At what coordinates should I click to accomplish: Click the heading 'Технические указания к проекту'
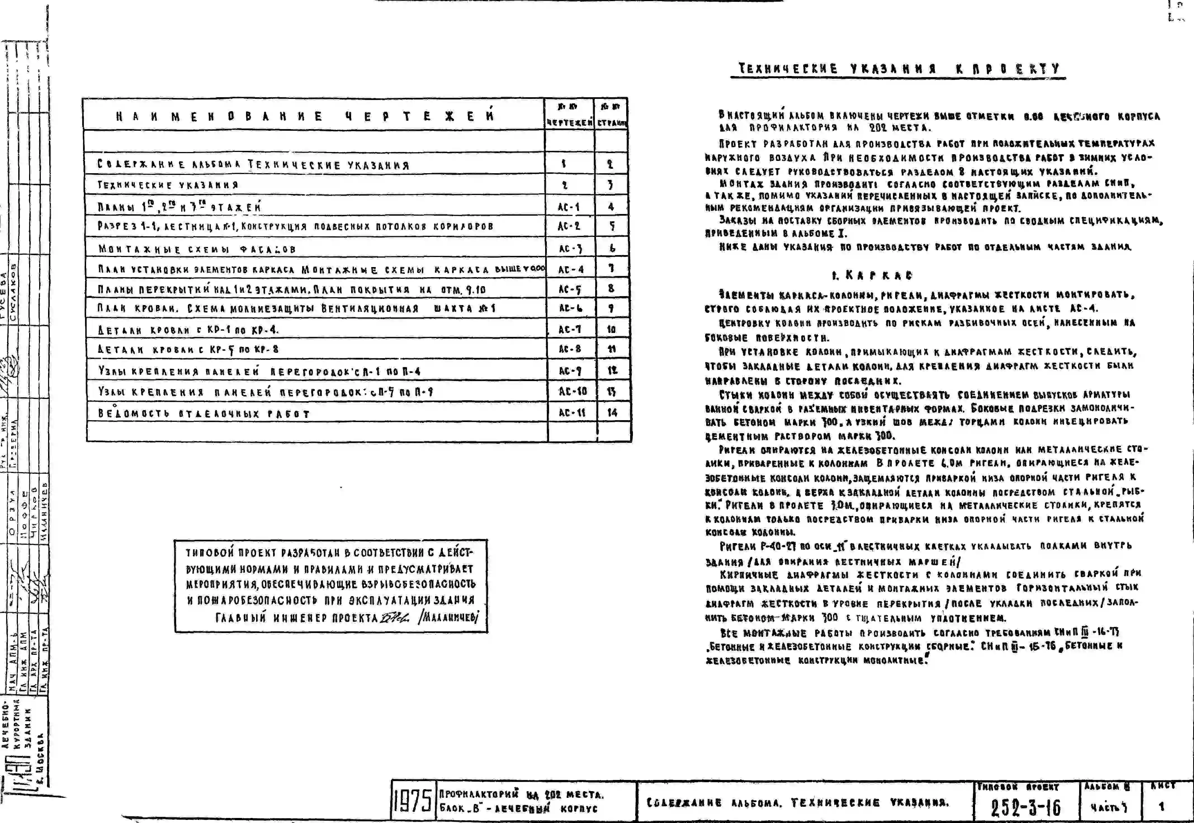[x=898, y=69]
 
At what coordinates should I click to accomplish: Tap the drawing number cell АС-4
[x=571, y=269]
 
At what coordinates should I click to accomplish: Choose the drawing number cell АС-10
[x=572, y=391]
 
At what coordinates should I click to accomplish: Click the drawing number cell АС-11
[x=572, y=413]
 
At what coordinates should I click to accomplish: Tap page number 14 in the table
[x=612, y=413]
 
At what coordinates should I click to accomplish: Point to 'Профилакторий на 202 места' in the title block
[x=521, y=795]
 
